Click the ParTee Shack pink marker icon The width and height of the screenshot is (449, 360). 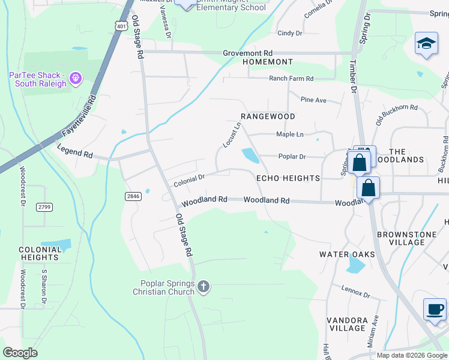[75, 78]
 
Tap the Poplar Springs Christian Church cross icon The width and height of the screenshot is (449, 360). [203, 287]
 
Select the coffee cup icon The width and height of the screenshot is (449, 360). [434, 310]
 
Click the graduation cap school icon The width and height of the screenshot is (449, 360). [426, 44]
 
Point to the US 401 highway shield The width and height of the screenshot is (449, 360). [122, 26]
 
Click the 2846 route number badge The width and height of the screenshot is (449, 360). [133, 196]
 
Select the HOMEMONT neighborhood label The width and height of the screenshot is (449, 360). [267, 62]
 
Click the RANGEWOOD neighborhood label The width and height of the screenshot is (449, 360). [268, 116]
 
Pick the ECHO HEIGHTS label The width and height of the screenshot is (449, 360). [288, 178]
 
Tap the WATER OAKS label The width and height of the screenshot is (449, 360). [347, 254]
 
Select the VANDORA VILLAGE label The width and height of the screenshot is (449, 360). [347, 324]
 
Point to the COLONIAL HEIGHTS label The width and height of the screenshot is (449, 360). [38, 253]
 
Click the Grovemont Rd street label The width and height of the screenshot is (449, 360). [248, 53]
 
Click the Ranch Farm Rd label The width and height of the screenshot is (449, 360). [291, 79]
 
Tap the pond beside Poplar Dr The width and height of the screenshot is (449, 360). [250, 156]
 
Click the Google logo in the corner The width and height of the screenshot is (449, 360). [20, 353]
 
